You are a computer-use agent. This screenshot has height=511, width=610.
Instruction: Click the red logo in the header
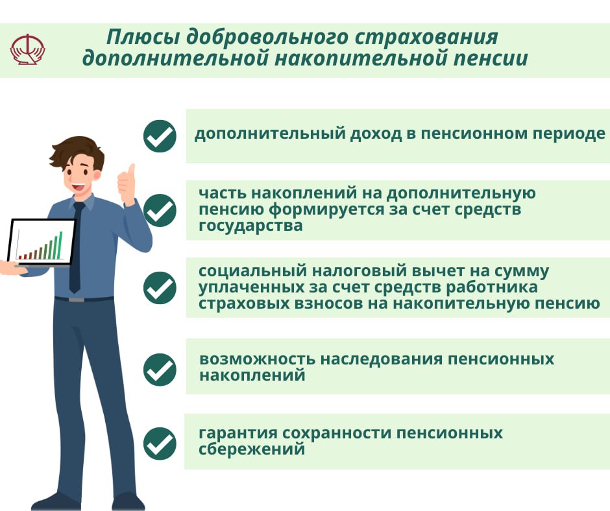point(28,49)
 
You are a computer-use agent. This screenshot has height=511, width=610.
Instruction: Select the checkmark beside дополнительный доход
point(160,136)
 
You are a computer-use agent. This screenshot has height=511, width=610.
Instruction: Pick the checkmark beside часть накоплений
point(160,210)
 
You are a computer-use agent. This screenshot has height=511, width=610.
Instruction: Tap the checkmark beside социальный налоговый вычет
point(160,288)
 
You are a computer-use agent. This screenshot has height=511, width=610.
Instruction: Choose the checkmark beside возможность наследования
point(160,370)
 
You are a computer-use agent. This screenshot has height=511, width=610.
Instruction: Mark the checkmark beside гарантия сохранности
point(160,444)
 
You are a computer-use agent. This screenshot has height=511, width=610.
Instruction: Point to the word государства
point(250,226)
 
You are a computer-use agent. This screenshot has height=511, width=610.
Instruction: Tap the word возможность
point(257,359)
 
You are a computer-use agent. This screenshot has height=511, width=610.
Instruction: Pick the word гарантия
point(238,433)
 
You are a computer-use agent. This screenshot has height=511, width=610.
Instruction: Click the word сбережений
point(252,449)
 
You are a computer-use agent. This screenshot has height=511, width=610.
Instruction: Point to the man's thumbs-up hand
point(127,184)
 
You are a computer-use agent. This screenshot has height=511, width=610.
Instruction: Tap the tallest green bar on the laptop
point(60,245)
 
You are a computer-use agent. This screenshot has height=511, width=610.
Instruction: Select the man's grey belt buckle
point(77,300)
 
